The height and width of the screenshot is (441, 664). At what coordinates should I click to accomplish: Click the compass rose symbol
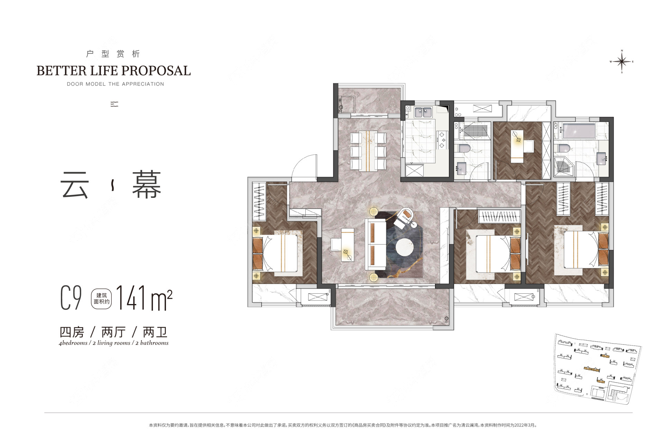pos(622,62)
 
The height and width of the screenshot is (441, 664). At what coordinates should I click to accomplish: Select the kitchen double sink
pos(423,112)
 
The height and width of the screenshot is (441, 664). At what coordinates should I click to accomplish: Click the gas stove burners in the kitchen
pos(442,140)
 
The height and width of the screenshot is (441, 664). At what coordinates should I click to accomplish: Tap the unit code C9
pos(71,297)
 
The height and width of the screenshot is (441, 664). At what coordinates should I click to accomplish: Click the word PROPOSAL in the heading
pos(156,71)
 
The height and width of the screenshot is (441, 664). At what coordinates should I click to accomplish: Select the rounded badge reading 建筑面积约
pos(101,298)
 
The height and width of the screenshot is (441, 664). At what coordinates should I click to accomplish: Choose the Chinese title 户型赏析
pos(113,54)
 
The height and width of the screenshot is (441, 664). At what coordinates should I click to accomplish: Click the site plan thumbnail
pos(598,369)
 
